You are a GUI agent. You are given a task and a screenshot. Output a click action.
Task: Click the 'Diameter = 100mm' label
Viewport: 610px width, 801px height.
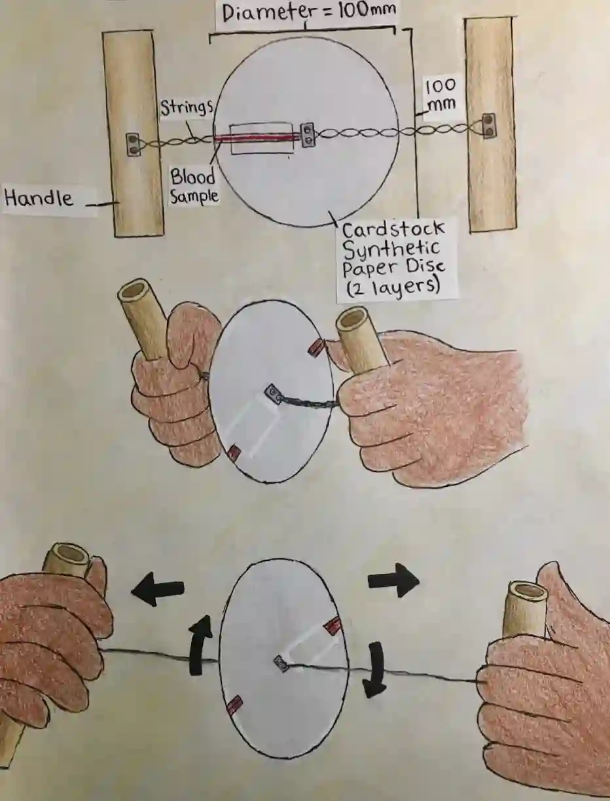tap(308, 12)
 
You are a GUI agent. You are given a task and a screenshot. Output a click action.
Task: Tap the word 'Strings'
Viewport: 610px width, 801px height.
tap(186, 108)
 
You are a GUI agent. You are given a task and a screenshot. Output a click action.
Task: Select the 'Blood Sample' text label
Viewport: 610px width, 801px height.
tap(194, 187)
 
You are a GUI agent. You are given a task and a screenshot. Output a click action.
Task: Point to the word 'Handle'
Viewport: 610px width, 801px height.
tap(39, 198)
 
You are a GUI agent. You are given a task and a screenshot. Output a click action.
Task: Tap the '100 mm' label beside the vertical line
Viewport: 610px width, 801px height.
tap(441, 95)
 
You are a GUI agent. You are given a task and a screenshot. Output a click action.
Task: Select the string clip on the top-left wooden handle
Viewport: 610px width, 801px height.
tap(133, 144)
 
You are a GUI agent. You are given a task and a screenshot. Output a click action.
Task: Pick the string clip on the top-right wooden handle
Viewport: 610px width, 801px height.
tap(488, 126)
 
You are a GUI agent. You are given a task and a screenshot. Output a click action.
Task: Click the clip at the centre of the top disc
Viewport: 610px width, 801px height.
tap(308, 135)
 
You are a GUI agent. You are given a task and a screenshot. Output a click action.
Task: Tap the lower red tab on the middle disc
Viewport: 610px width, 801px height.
tap(233, 452)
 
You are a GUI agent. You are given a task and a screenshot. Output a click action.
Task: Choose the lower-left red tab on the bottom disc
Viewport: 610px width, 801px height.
tap(234, 705)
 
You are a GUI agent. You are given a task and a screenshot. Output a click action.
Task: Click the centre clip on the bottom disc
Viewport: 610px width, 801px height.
tap(281, 664)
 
